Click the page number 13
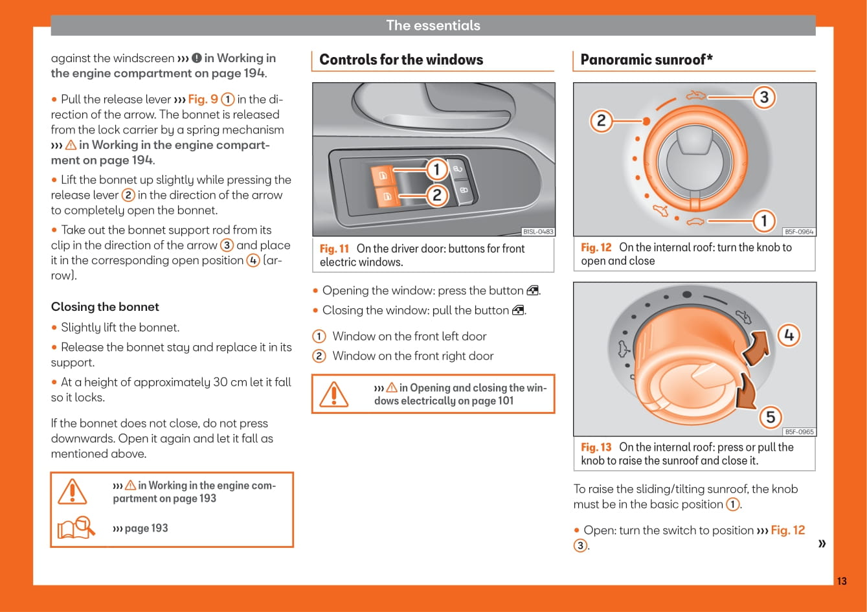(x=841, y=581)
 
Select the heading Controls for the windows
(x=401, y=60)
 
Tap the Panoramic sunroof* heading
(x=646, y=60)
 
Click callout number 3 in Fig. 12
(x=764, y=97)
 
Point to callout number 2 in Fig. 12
(x=601, y=120)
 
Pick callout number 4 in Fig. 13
(x=789, y=335)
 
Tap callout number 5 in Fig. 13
(x=771, y=417)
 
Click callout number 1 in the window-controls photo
(x=436, y=170)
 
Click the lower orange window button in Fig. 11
(x=387, y=196)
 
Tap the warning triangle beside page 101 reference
(x=334, y=394)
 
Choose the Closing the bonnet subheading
(x=105, y=307)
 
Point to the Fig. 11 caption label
(x=334, y=249)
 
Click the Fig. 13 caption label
(x=596, y=448)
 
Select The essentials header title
(x=433, y=26)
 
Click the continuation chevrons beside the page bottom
(x=822, y=543)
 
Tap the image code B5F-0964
(x=799, y=232)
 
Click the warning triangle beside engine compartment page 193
(x=72, y=492)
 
